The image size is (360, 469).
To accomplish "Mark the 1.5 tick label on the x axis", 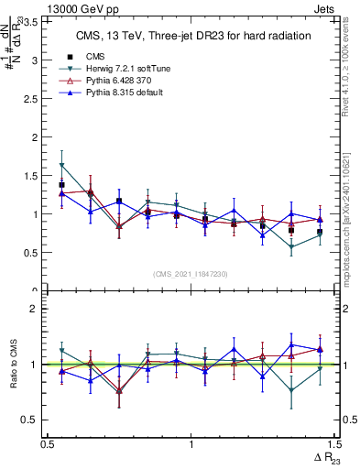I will [x=333, y=443].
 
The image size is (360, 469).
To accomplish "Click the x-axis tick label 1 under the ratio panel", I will [x=191, y=443].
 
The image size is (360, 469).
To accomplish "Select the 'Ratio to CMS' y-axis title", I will [x=14, y=364].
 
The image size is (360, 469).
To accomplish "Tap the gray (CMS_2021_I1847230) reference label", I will [x=191, y=274].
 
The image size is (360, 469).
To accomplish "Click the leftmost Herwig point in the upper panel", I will [x=61, y=166].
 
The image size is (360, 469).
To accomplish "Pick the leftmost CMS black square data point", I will [x=61, y=185].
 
